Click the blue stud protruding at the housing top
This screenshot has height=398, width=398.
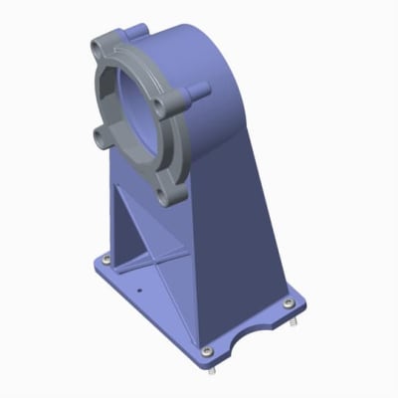pos(142,30)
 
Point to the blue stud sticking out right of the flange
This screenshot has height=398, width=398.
pos(203,91)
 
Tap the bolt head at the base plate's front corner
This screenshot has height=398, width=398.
pos(205,350)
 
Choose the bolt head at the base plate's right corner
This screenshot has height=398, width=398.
pos(289,302)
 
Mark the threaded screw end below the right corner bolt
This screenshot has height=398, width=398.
pos(295,323)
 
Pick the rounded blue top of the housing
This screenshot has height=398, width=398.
pos(189,40)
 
